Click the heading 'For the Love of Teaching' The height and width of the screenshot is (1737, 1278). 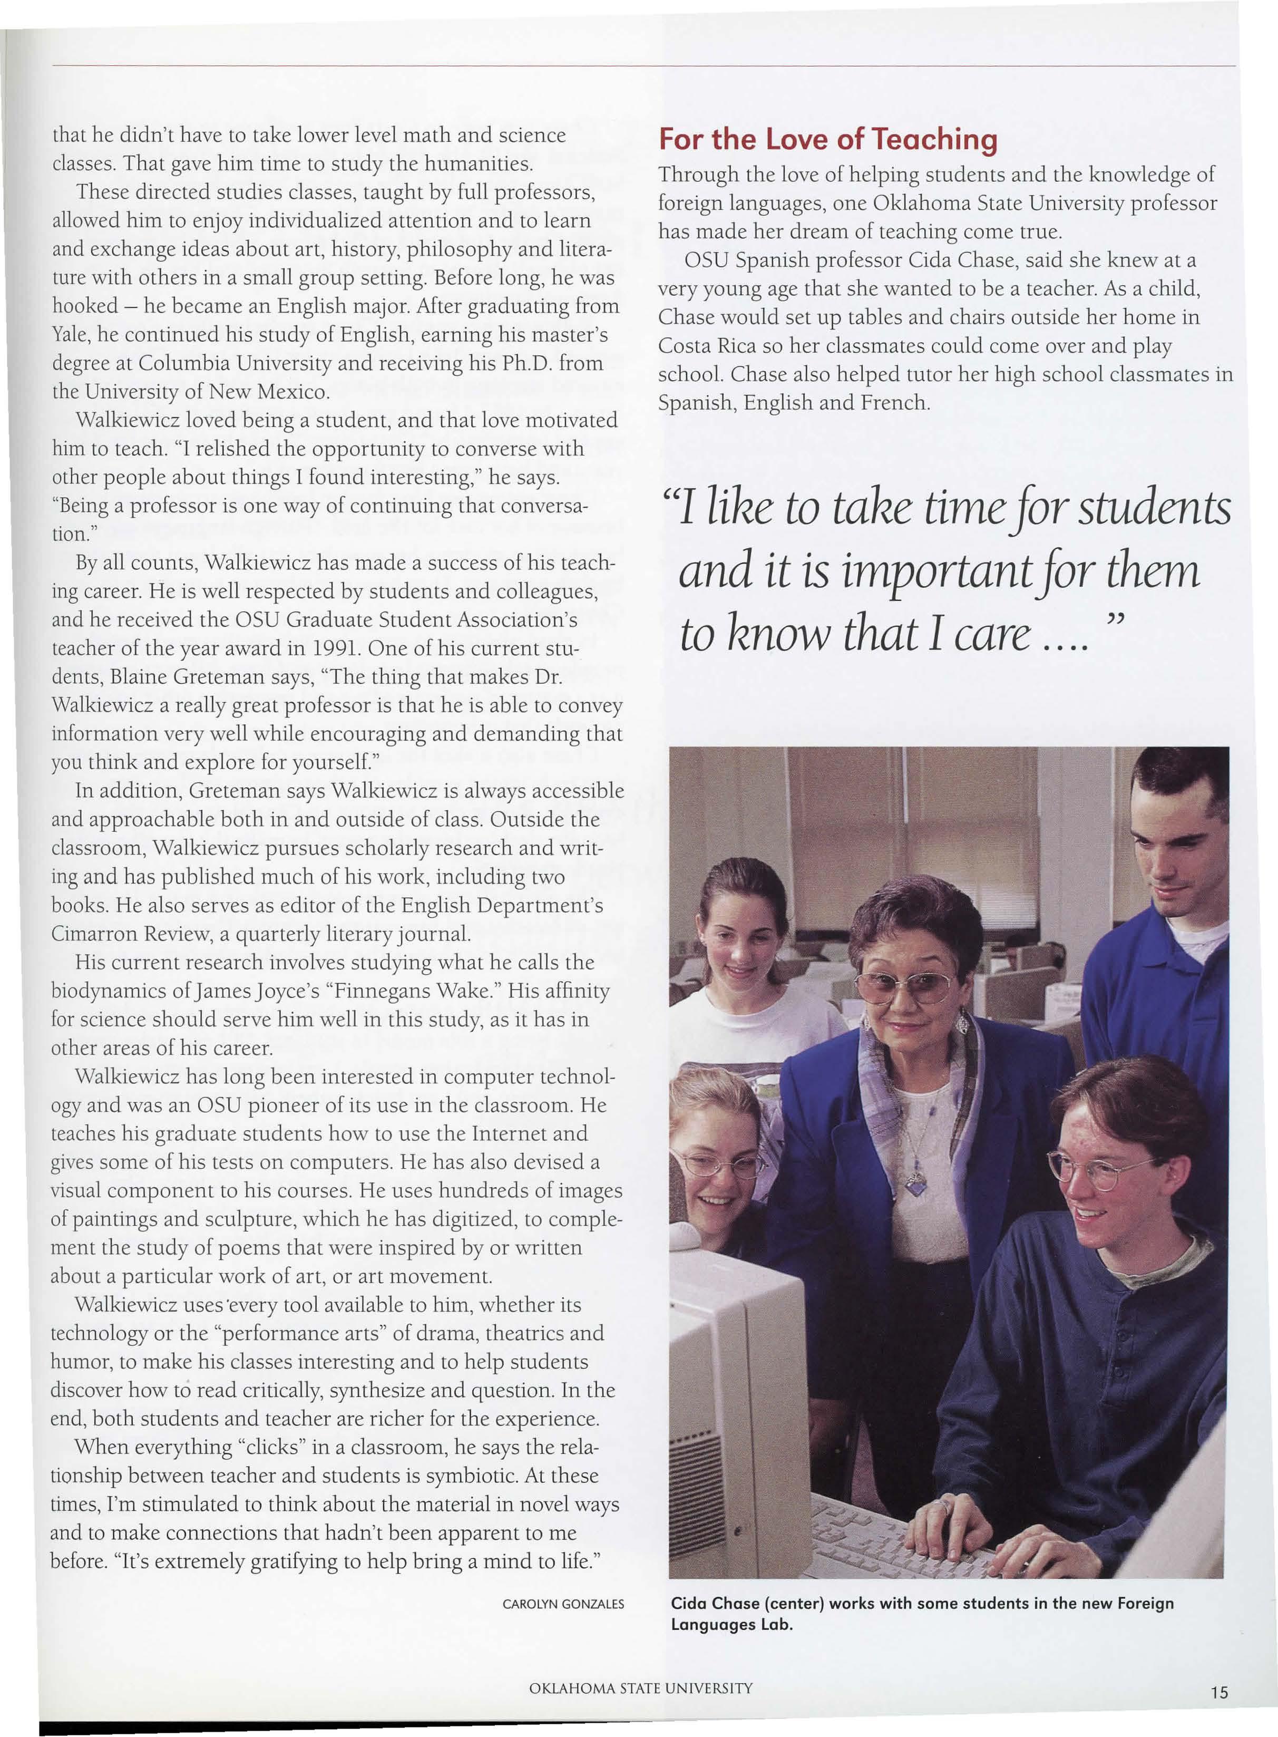click(x=828, y=139)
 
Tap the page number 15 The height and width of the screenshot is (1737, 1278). click(x=1218, y=1692)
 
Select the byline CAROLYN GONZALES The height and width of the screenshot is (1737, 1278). click(x=562, y=1604)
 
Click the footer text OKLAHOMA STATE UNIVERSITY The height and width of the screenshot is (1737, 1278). click(x=640, y=1689)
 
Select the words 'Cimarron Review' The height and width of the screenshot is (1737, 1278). click(x=124, y=934)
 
